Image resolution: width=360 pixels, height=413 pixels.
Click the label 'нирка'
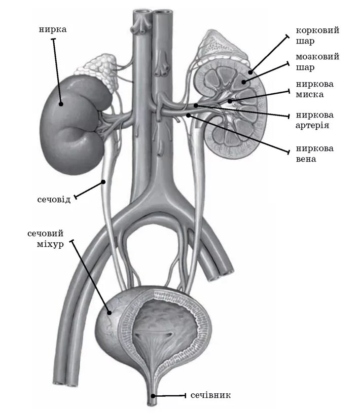pos(53,29)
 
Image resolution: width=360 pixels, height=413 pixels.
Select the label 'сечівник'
pos(214,395)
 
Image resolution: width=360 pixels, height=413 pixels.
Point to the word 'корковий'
pos(317,30)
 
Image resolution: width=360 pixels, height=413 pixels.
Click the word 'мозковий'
pos(317,57)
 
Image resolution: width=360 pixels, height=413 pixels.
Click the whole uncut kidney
pos(71,122)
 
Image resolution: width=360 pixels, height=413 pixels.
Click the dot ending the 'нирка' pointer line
pos(60,104)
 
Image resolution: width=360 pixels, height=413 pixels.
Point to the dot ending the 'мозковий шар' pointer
pos(244,81)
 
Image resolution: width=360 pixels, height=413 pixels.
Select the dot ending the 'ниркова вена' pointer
pos(188,116)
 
